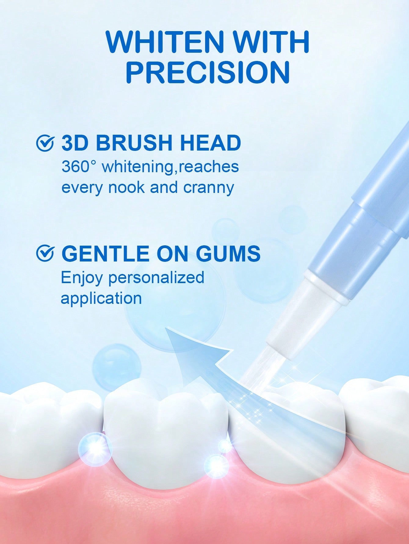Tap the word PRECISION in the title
(208, 73)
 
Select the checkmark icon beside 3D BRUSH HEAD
(45, 143)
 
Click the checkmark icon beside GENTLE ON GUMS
(45, 253)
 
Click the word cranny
(208, 187)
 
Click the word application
(101, 298)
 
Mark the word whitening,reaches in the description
(170, 167)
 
